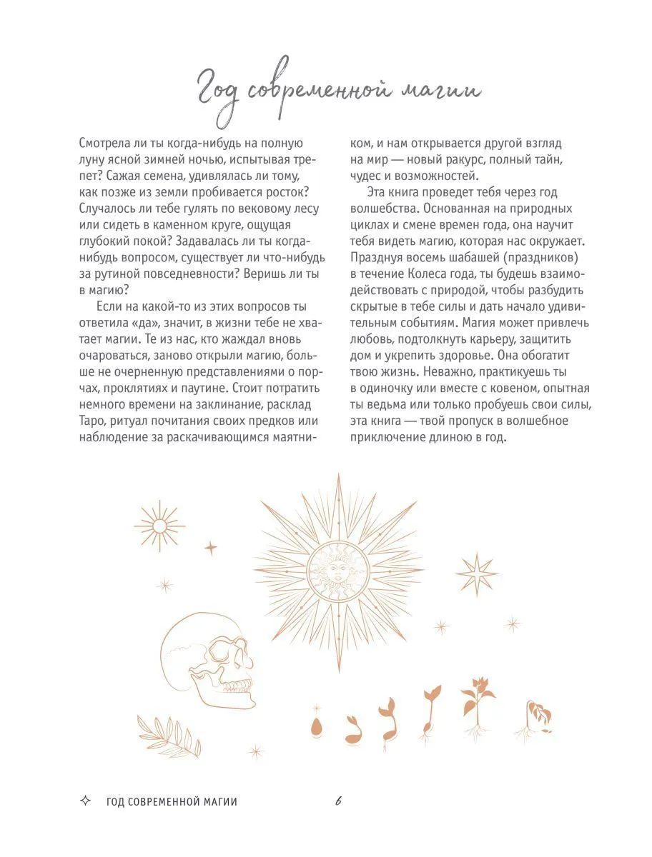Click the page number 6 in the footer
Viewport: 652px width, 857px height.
pyautogui.click(x=338, y=801)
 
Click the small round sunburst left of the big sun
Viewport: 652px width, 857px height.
pyautogui.click(x=159, y=526)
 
